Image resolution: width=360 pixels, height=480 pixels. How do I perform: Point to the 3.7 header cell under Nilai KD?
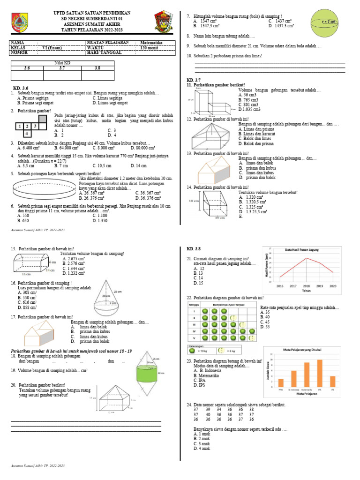click(62, 68)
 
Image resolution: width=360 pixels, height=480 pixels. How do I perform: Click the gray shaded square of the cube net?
click(42, 119)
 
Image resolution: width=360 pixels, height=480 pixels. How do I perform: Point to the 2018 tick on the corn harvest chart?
click(307, 285)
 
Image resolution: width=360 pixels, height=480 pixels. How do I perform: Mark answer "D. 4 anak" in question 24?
click(202, 449)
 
